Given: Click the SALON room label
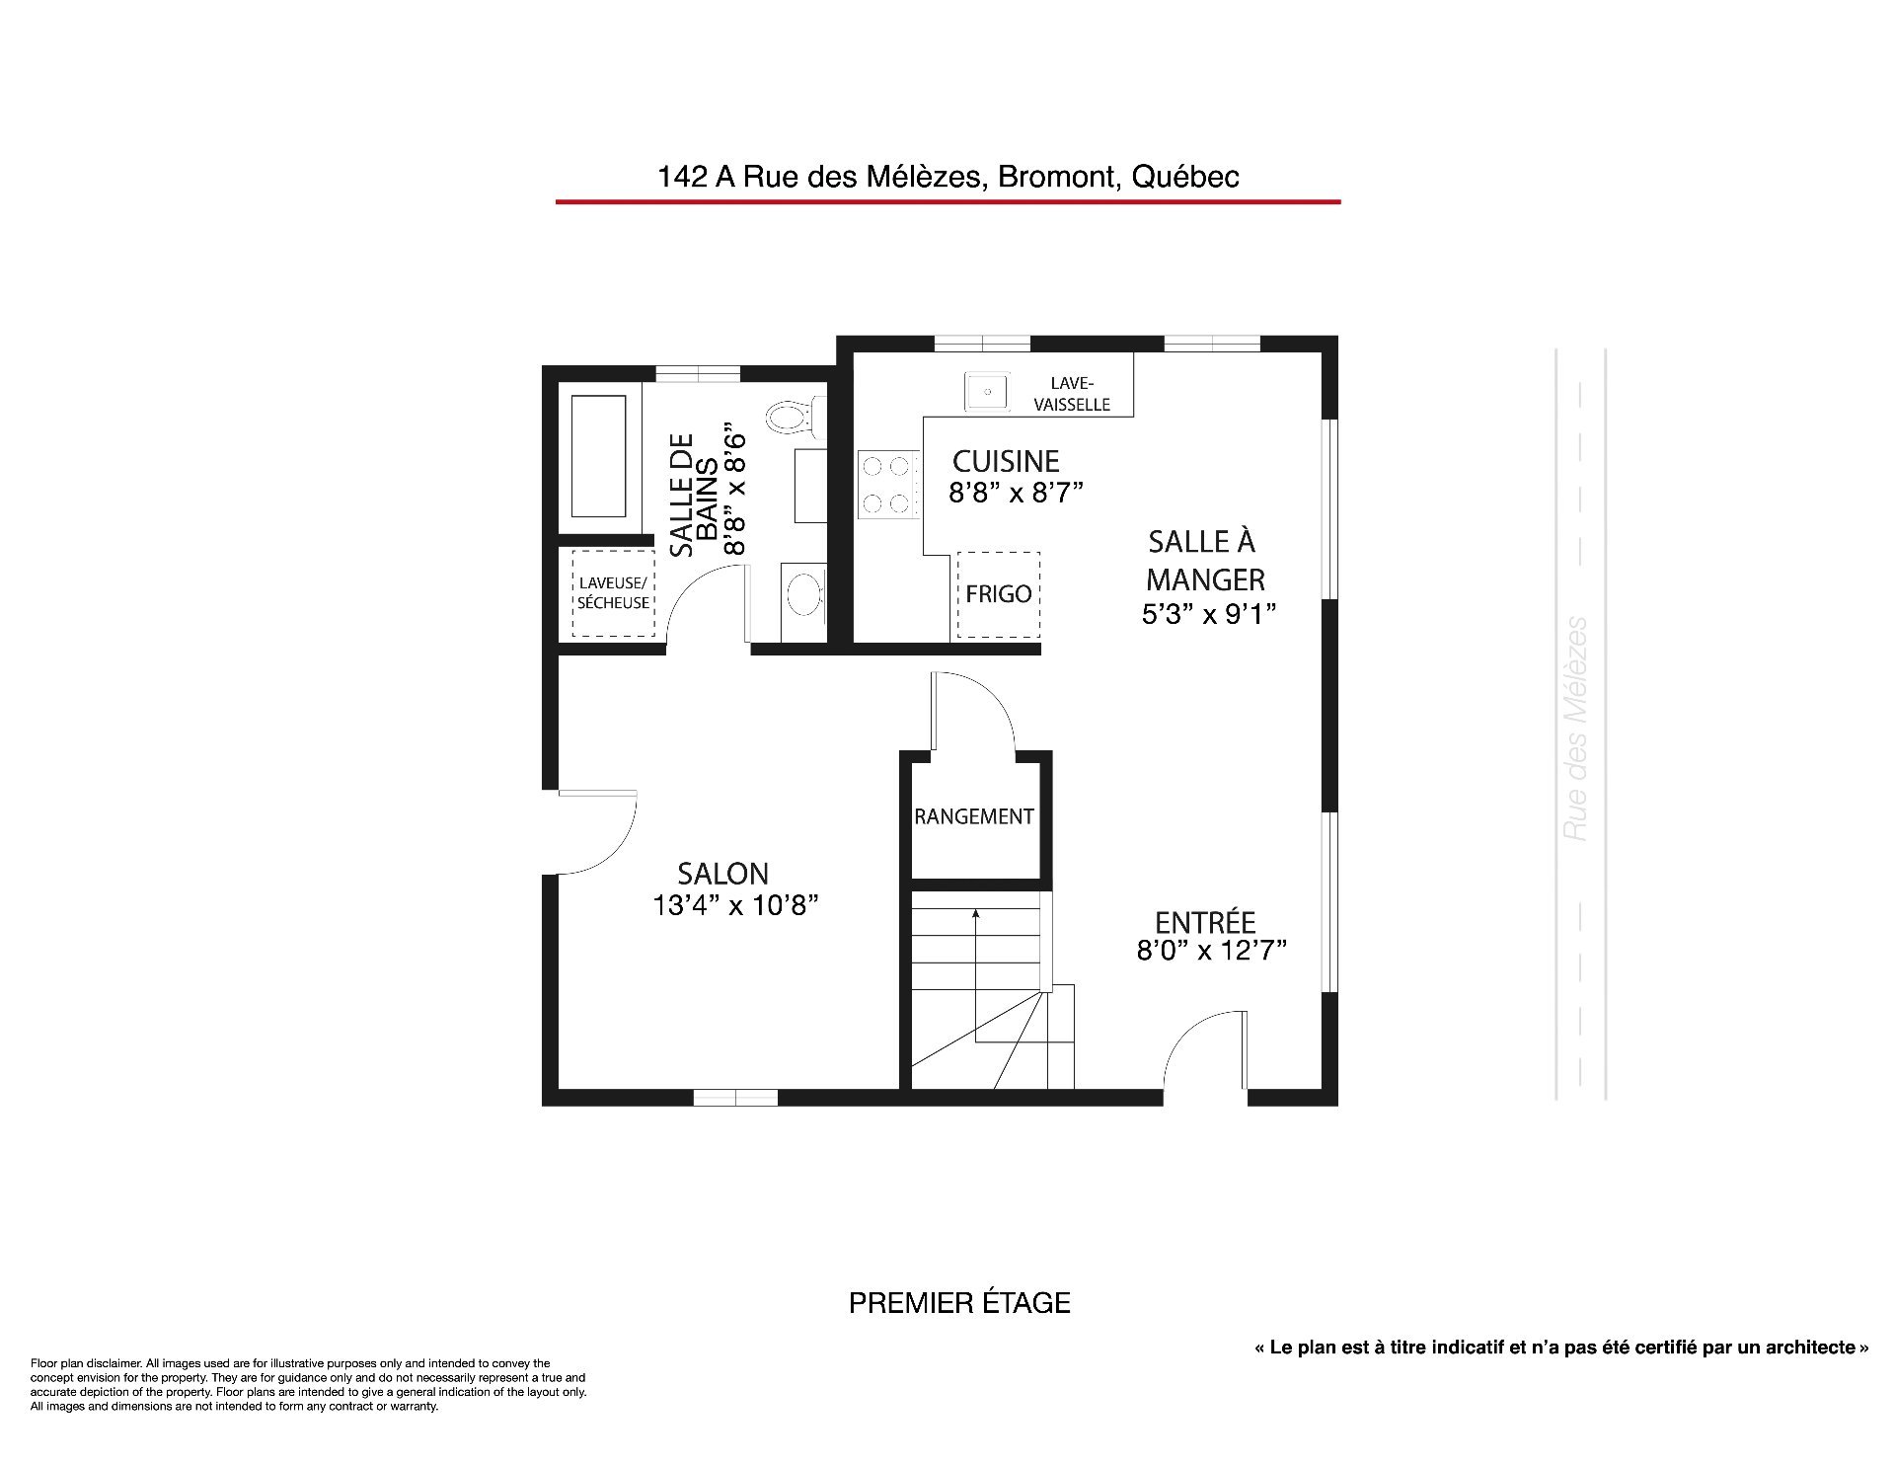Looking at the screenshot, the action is pyautogui.click(x=722, y=874).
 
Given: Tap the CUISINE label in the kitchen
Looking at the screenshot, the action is pyautogui.click(x=1006, y=461).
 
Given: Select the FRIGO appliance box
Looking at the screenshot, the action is pyautogui.click(x=998, y=594).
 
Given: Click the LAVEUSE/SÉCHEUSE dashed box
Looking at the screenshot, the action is pyautogui.click(x=613, y=592).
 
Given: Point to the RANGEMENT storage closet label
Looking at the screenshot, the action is pyautogui.click(x=974, y=816).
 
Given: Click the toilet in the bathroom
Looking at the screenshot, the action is pyautogui.click(x=796, y=419).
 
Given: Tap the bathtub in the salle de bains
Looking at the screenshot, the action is pyautogui.click(x=599, y=456).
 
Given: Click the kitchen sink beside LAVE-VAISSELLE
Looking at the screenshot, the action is pyautogui.click(x=986, y=392).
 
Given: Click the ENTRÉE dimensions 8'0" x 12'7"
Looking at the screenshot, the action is pyautogui.click(x=1211, y=951).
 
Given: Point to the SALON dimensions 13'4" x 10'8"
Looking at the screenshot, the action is pyautogui.click(x=735, y=905).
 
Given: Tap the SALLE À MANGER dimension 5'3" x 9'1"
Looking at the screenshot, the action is pyautogui.click(x=1209, y=614).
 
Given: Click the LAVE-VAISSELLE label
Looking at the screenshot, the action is pyautogui.click(x=1072, y=394).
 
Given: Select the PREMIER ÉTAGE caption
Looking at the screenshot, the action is pyautogui.click(x=959, y=1303).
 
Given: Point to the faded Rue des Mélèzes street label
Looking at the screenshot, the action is pyautogui.click(x=1576, y=729).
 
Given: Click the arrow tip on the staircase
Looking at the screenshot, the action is pyautogui.click(x=975, y=912).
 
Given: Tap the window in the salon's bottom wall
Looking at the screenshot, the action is pyautogui.click(x=735, y=1097).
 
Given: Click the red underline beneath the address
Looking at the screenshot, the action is pyautogui.click(x=947, y=201).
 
